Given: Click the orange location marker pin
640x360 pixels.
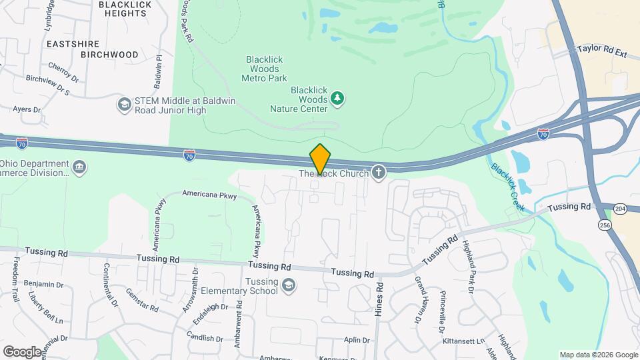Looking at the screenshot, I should (320, 159).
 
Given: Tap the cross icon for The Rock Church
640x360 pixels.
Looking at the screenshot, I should (379, 173).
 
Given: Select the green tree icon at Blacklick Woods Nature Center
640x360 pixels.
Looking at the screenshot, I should (338, 99).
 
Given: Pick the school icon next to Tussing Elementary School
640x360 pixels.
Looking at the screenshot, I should (288, 286).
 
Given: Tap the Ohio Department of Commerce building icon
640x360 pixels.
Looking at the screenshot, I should (79, 166).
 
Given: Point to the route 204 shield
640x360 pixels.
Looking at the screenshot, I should (621, 209).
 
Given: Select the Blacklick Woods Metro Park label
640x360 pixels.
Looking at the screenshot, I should (264, 69).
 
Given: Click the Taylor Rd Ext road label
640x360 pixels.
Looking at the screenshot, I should (603, 49).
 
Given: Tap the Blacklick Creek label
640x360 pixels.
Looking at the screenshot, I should (508, 187).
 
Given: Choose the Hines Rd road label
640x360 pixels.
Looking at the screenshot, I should (379, 299).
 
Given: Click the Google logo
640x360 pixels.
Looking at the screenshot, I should (22, 351).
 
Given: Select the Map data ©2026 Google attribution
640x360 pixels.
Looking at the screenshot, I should (599, 355).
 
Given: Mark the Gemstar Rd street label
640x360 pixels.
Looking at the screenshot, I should (141, 303).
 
